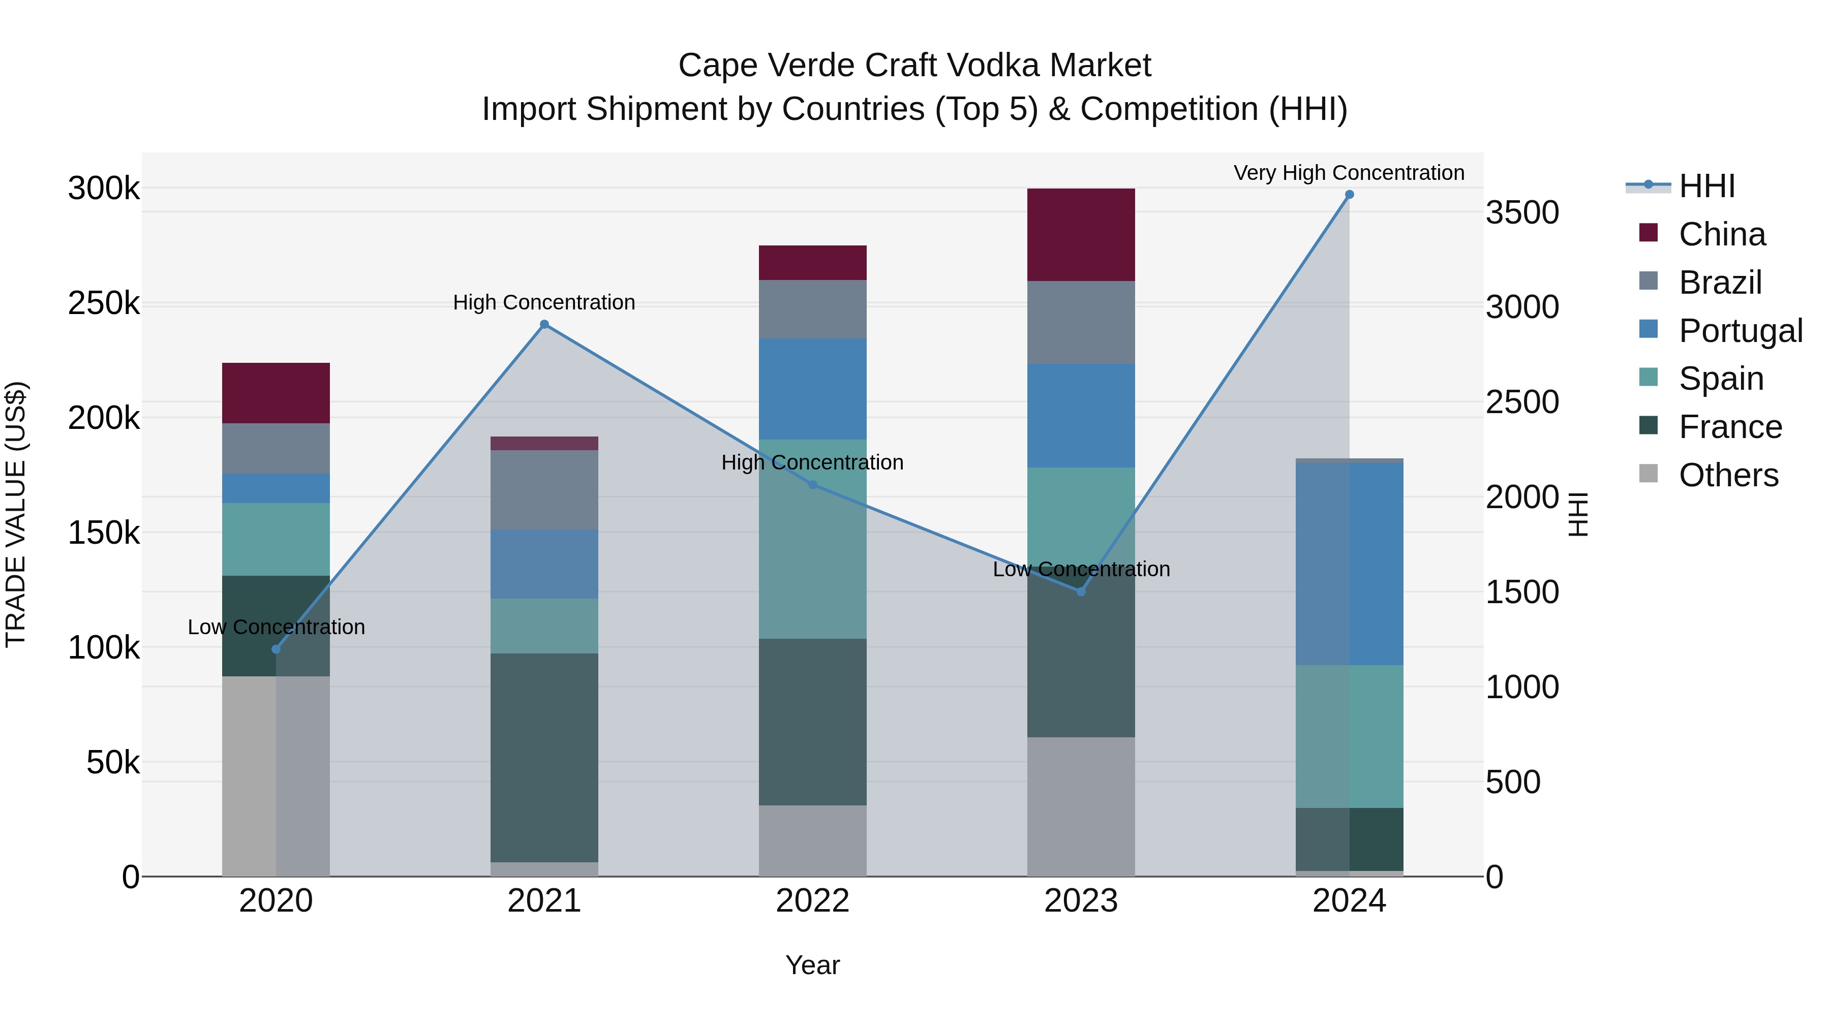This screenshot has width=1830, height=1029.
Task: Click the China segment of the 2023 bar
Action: (x=1081, y=234)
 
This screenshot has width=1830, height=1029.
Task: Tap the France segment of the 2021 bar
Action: (x=544, y=757)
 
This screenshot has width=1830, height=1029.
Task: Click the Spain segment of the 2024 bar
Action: (x=1349, y=736)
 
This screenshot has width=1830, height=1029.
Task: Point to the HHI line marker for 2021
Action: (x=544, y=325)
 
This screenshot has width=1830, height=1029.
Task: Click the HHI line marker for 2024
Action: (x=1349, y=195)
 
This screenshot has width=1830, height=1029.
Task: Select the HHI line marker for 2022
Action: (x=813, y=485)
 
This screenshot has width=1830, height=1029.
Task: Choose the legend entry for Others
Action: (x=1728, y=475)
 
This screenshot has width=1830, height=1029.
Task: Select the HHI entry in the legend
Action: (x=1706, y=186)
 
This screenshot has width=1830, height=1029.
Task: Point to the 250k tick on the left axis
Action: (x=104, y=304)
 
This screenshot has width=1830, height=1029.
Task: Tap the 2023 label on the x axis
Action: (x=1081, y=901)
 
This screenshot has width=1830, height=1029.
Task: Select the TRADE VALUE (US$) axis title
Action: (x=16, y=514)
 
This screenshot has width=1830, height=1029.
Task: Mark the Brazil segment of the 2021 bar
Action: (x=544, y=490)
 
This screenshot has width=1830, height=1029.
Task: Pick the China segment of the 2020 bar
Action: (x=276, y=393)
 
